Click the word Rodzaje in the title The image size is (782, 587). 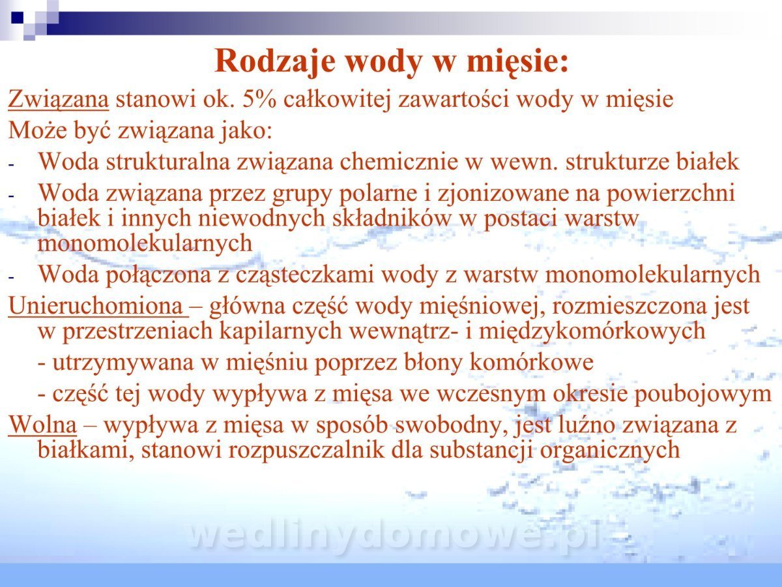point(275,61)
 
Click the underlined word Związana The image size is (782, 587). point(59,99)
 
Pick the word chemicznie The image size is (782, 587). point(399,162)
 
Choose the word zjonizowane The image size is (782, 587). point(501,194)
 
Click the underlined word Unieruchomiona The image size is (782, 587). point(96,306)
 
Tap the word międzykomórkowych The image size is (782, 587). point(592,331)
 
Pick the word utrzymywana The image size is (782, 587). point(124,363)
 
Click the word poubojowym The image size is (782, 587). point(704,394)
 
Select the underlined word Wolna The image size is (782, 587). point(42,425)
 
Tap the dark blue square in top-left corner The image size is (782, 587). point(18,18)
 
